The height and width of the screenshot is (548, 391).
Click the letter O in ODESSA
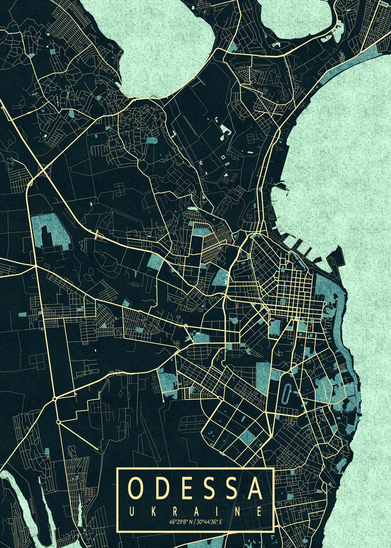137,488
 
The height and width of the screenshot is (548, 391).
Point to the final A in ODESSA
256,488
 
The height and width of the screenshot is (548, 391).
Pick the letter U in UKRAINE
132,511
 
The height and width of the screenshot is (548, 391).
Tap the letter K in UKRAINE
153,511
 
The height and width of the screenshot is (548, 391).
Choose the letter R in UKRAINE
174,511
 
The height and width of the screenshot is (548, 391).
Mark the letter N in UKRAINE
238,511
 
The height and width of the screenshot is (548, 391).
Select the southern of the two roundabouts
58,422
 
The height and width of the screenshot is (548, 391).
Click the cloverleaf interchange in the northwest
44,171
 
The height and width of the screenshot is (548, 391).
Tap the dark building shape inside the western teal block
47,234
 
